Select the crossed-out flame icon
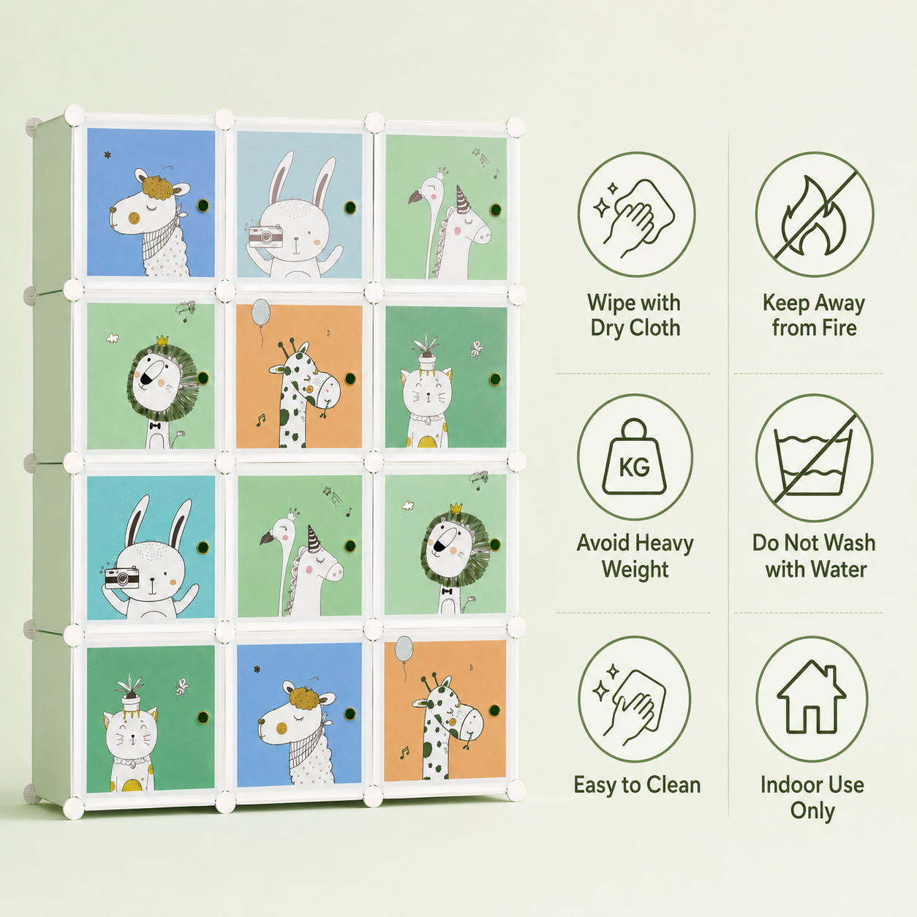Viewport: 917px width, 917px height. pos(814,214)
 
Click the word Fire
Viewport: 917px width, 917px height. pos(838,328)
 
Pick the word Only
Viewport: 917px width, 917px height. pos(812,812)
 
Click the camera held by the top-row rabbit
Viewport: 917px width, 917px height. pos(265,235)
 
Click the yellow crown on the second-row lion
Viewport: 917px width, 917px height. pos(163,340)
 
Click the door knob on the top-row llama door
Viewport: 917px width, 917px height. pos(203,205)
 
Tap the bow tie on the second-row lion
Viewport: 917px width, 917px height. pos(154,426)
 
